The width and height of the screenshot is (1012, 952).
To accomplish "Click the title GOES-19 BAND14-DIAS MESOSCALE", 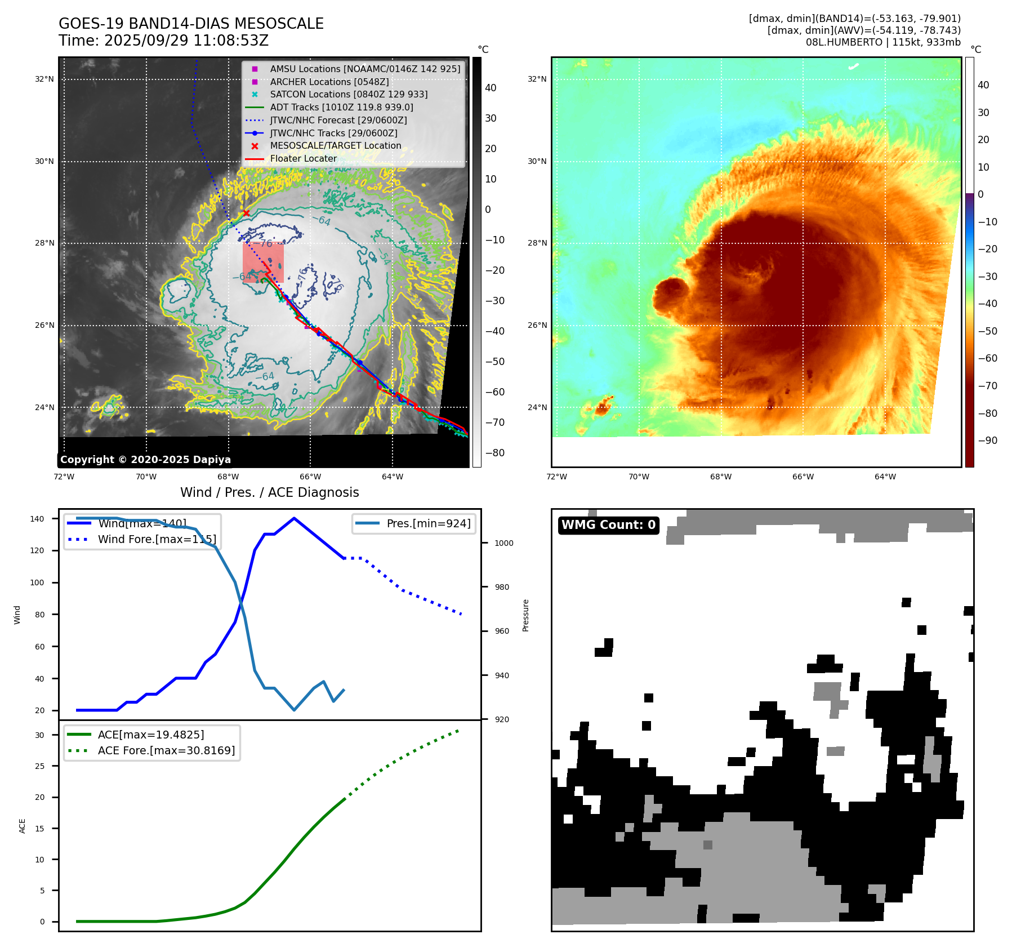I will pos(191,24).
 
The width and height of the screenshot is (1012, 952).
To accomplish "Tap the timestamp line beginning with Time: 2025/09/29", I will pos(163,41).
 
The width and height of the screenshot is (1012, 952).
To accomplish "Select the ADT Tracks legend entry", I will pos(341,107).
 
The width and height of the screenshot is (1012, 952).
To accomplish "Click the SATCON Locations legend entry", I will pos(349,94).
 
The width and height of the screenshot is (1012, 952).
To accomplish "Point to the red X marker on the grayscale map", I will pos(246,213).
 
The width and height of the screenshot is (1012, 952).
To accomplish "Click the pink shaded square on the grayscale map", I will pos(263,262).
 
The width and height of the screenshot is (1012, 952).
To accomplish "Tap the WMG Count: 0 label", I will pos(608,525).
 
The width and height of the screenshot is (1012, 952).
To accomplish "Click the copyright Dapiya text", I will pos(145,460).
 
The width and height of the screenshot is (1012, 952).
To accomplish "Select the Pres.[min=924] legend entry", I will pos(428,523).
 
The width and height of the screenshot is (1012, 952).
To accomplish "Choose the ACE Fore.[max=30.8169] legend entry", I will pos(166,750).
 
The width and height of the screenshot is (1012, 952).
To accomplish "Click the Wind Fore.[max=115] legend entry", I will pos(157,539).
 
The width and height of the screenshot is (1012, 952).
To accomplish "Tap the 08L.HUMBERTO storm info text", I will pos(882,42).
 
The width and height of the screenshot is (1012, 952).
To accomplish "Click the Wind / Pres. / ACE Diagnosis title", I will pos(269,492).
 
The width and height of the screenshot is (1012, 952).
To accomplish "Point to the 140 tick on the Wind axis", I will pos(37,519).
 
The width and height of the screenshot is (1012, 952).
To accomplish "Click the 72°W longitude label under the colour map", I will pos(556,477).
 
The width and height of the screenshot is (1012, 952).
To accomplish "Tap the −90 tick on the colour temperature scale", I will pos(987,441).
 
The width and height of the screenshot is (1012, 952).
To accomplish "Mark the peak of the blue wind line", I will pos(294,518).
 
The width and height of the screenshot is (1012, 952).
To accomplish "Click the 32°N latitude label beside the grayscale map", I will pos(44,79).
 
